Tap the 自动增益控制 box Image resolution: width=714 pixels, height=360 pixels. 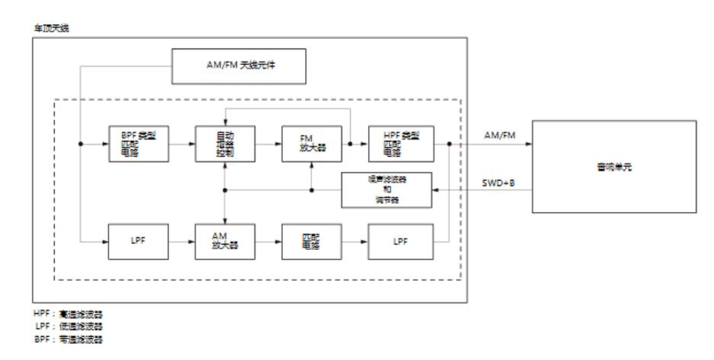click(x=225, y=144)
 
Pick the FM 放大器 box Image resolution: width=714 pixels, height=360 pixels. click(x=312, y=144)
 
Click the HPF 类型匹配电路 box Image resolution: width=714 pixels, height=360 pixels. click(x=400, y=144)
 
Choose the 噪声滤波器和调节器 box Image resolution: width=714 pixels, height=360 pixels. click(x=388, y=189)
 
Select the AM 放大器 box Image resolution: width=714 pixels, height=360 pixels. click(x=225, y=242)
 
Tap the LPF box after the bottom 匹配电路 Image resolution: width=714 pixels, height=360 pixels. click(x=400, y=242)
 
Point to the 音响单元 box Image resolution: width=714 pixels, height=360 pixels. click(x=613, y=166)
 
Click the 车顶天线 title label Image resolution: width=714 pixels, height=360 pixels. click(x=52, y=28)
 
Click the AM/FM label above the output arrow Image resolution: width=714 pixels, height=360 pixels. click(x=498, y=136)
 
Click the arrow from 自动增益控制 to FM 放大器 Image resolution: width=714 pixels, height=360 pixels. click(x=268, y=144)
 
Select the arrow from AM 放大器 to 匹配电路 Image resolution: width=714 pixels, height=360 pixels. click(x=268, y=242)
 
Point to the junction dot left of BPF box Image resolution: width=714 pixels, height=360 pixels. click(x=81, y=144)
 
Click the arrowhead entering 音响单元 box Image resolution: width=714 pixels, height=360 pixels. click(x=528, y=144)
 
